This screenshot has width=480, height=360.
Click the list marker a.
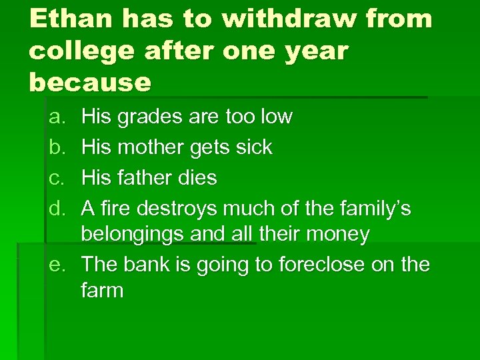click(57, 117)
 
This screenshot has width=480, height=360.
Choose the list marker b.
click(57, 147)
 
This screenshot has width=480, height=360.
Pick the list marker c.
click(57, 178)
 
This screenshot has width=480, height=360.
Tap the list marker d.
click(57, 209)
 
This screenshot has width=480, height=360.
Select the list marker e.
click(57, 265)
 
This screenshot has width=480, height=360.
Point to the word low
click(275, 117)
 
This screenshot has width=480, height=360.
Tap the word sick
click(253, 147)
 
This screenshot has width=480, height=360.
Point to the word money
click(340, 235)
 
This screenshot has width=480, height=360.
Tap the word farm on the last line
click(102, 291)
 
